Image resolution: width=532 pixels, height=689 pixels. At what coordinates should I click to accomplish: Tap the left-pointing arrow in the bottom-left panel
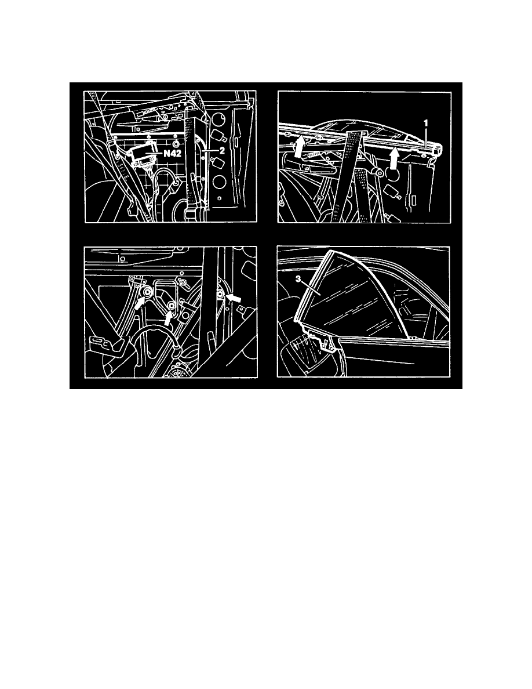click(234, 298)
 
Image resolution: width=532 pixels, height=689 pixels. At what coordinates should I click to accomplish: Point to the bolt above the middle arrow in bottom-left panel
click(172, 305)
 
